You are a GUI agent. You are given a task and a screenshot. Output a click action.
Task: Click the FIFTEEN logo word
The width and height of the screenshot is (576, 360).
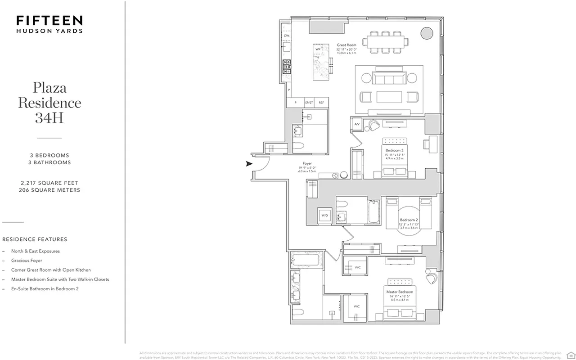click(x=49, y=20)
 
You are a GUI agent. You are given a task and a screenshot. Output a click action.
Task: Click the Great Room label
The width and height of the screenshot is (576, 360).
click(x=346, y=45)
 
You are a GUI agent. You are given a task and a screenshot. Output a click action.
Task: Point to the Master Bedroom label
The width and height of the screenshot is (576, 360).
click(x=400, y=292)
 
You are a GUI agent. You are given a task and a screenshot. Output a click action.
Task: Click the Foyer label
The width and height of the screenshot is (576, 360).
click(x=307, y=164)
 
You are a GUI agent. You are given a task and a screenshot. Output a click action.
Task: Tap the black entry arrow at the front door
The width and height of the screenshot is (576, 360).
click(x=249, y=164)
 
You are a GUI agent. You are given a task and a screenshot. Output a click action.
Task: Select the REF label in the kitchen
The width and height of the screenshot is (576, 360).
click(x=321, y=103)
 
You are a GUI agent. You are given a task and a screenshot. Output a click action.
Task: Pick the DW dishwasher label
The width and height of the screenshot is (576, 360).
click(x=286, y=36)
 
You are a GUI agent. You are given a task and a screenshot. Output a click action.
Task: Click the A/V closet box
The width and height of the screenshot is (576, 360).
click(x=357, y=124)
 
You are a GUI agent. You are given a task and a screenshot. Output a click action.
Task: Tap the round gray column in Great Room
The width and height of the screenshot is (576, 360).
click(x=425, y=32)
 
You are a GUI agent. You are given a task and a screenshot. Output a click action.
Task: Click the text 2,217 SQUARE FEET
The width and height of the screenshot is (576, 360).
click(x=49, y=183)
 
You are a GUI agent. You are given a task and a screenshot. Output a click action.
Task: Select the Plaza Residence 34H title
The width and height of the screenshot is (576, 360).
click(x=49, y=102)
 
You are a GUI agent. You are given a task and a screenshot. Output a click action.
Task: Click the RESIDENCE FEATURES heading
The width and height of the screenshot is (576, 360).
click(x=35, y=239)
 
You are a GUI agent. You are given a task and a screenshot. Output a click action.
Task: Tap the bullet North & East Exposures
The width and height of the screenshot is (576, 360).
click(x=36, y=251)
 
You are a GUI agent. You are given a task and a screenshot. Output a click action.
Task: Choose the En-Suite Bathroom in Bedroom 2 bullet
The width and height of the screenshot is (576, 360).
click(x=45, y=289)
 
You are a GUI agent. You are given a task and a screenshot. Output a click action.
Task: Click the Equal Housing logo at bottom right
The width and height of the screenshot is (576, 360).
click(x=570, y=354)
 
